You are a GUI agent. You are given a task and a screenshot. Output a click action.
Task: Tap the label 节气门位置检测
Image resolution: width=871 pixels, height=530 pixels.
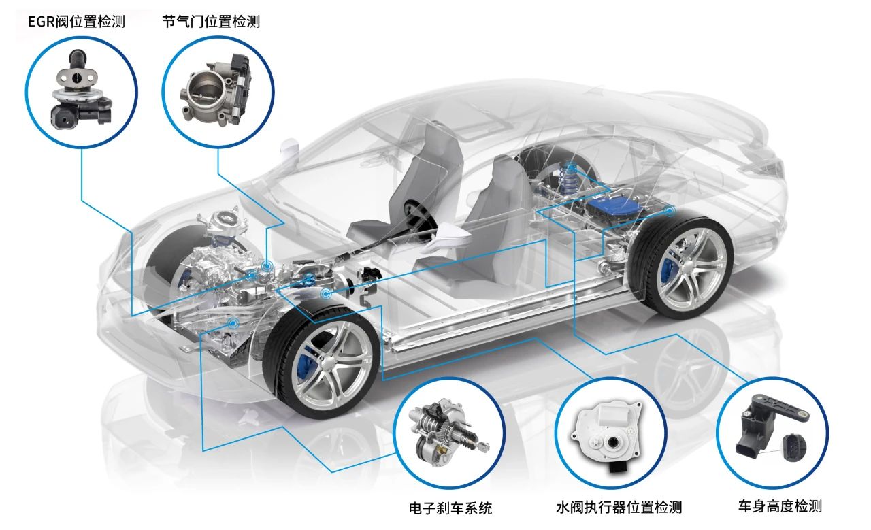(211, 22)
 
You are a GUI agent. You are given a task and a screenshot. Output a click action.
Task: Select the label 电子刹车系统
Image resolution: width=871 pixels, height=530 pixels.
(450, 508)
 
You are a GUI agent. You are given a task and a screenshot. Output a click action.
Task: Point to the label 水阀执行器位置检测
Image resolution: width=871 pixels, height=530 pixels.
(619, 508)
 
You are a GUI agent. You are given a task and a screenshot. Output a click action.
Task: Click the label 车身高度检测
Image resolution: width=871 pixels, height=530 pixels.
(780, 506)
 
